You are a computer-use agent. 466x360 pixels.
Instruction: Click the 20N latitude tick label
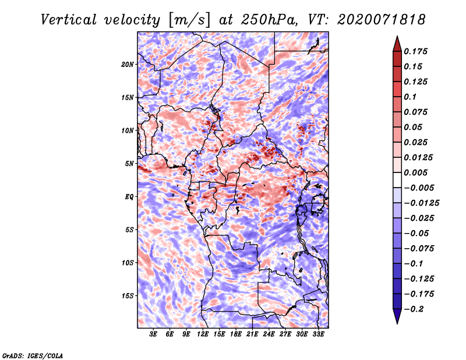click(127, 65)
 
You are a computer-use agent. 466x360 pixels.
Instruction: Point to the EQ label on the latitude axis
click(129, 197)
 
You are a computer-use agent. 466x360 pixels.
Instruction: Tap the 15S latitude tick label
click(127, 296)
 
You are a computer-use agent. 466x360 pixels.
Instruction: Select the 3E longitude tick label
click(153, 334)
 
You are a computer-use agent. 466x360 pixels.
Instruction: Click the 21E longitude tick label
click(252, 334)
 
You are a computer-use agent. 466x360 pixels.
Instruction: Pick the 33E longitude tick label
click(318, 334)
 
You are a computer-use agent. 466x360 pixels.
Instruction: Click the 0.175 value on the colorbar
click(415, 51)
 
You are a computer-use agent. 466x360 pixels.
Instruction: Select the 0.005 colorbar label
click(415, 172)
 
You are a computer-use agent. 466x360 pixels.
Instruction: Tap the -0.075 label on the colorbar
click(419, 249)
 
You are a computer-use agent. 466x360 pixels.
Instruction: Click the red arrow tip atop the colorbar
click(397, 36)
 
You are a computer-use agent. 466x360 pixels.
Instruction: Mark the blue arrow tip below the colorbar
click(397, 323)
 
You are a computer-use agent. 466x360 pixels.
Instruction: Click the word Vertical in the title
click(69, 20)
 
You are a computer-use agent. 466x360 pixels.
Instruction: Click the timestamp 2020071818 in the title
click(381, 20)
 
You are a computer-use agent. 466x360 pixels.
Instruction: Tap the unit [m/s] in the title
click(189, 20)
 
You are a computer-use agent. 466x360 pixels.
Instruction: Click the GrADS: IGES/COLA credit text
click(33, 355)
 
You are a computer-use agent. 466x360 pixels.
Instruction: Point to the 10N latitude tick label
click(127, 130)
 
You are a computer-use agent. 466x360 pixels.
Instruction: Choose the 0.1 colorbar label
click(410, 97)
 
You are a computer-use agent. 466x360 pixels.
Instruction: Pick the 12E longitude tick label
click(202, 334)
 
